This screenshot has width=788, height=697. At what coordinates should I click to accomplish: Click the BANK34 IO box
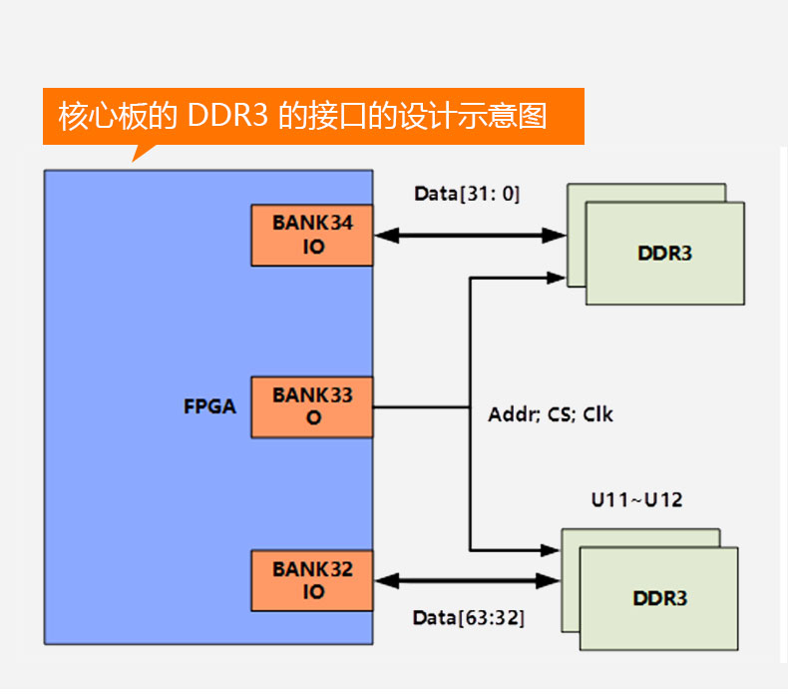point(312,236)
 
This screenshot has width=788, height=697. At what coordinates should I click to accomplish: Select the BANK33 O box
point(312,406)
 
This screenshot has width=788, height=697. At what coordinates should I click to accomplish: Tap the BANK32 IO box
point(312,580)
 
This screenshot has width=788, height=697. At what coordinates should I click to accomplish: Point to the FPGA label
point(209,406)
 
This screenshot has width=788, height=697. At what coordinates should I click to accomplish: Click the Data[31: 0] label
point(467,194)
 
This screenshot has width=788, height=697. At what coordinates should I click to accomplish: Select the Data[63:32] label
point(468,618)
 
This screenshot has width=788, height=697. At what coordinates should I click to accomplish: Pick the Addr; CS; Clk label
point(551,413)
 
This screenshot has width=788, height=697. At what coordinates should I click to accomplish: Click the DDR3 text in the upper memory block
point(664,253)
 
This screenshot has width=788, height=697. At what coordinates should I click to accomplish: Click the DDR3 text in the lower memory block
point(659,598)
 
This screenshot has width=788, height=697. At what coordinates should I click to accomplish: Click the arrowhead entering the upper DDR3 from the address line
point(556,278)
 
